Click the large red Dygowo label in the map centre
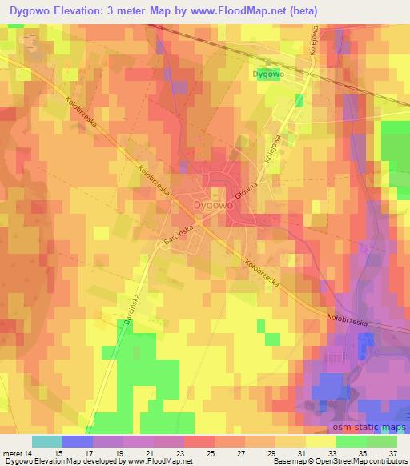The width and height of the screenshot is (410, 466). pyautogui.click(x=214, y=205)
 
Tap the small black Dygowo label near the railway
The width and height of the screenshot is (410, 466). pyautogui.click(x=269, y=74)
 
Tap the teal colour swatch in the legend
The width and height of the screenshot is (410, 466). pyautogui.click(x=47, y=441)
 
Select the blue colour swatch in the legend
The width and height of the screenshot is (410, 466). pyautogui.click(x=78, y=441)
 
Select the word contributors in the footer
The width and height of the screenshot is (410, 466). pyautogui.click(x=383, y=461)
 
